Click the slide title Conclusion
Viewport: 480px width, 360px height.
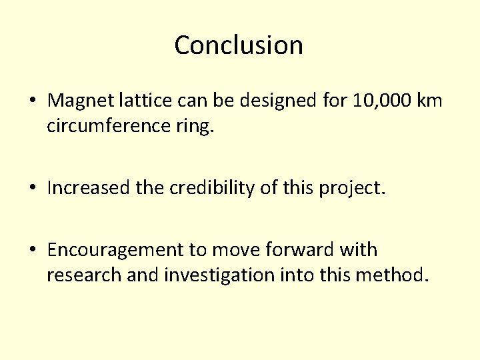(x=239, y=45)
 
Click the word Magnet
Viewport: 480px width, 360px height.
(x=78, y=101)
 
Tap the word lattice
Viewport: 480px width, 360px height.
(x=136, y=101)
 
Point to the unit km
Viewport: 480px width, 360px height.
(x=429, y=101)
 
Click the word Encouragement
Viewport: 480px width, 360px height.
(x=117, y=251)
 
